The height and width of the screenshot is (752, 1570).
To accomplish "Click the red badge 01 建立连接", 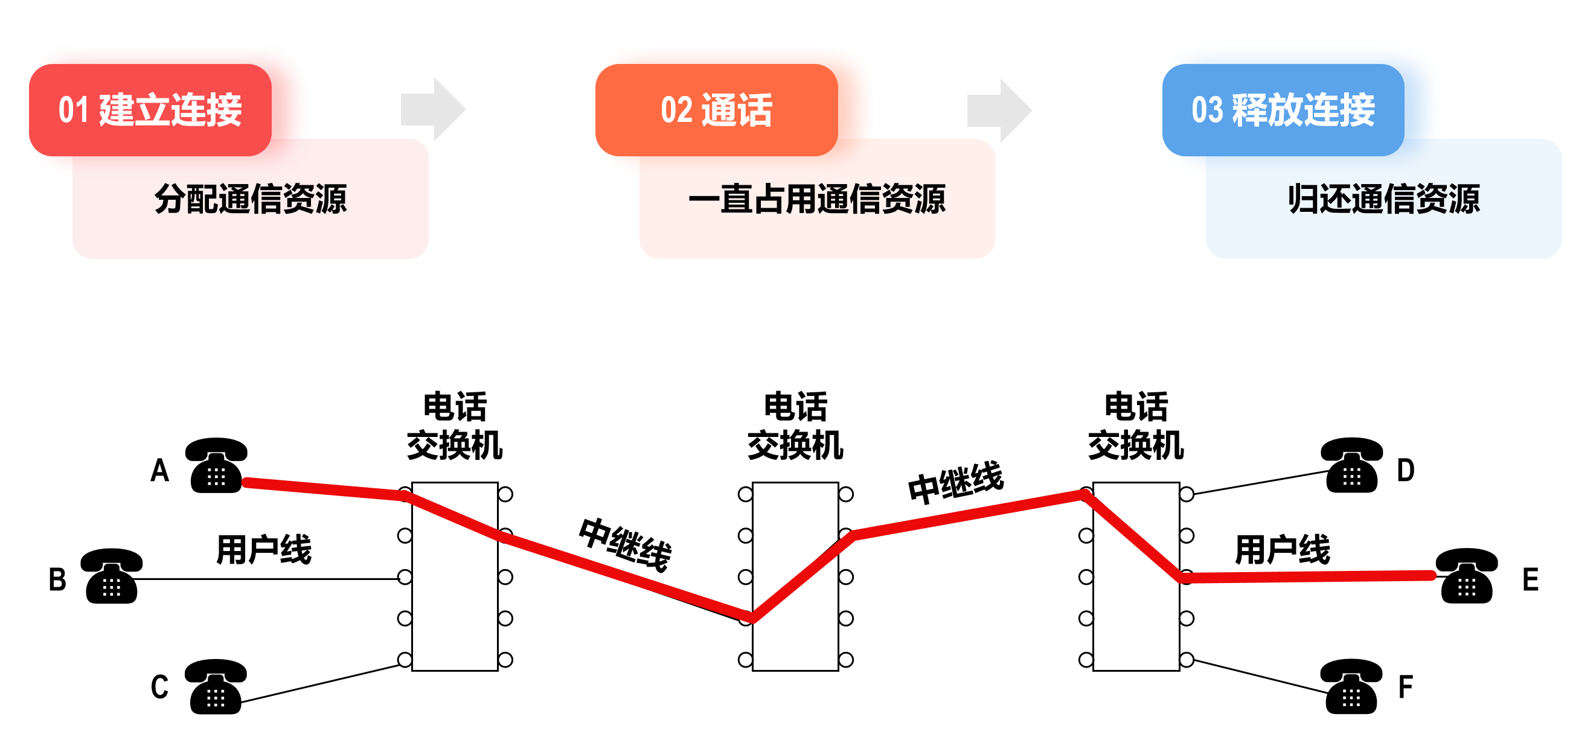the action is point(150,110).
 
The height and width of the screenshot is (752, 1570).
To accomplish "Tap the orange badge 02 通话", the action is point(716,110).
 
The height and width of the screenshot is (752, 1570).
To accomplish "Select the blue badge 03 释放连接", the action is point(1283,110).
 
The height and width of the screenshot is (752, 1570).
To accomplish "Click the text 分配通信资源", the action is point(251,199).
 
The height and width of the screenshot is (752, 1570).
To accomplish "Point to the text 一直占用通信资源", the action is point(816,199).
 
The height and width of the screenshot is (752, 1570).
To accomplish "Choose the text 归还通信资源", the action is point(1383,199).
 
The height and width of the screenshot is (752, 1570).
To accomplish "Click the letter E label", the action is point(1530,579).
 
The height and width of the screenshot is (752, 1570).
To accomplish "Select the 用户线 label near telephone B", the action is point(264,550).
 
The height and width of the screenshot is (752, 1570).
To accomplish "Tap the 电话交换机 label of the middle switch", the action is point(795,426).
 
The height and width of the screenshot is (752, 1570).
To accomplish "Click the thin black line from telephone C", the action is point(320,684).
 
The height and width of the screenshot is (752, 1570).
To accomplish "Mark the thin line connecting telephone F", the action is point(1259,677).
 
